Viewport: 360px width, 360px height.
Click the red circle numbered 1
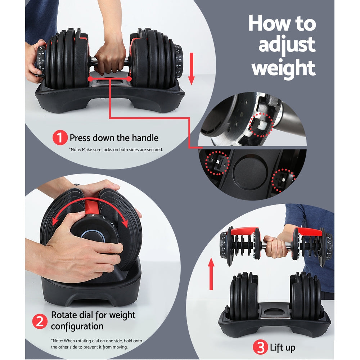coord(60,138)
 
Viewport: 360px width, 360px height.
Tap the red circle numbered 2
coord(40,321)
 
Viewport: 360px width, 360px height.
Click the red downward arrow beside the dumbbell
coord(191,68)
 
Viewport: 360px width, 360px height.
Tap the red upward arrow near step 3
coord(211,274)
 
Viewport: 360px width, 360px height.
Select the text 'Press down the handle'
coord(114,138)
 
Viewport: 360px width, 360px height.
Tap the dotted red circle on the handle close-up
coord(261,125)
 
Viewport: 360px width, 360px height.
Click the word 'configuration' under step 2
coord(77,326)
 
